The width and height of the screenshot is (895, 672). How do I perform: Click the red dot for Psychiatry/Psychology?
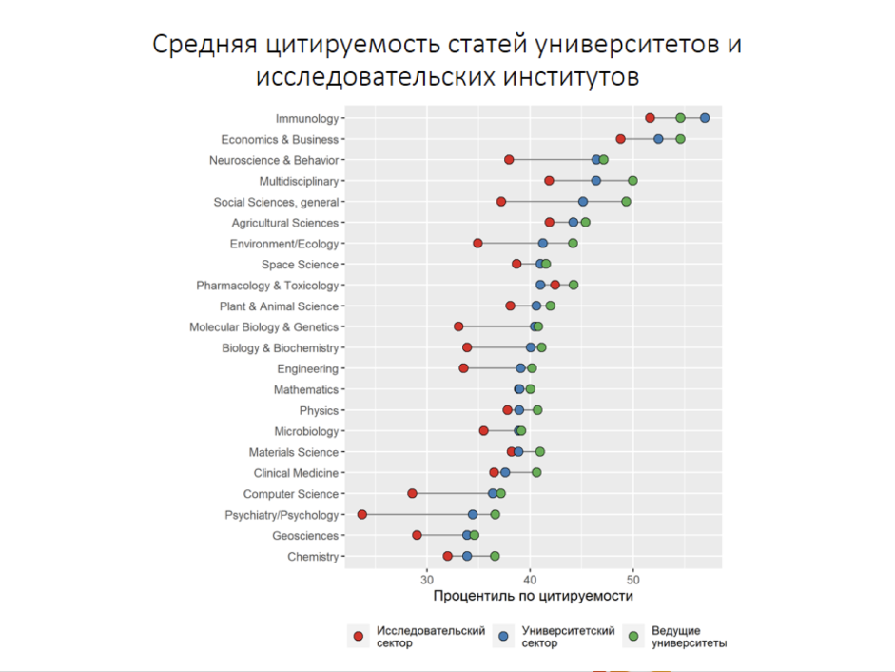362,515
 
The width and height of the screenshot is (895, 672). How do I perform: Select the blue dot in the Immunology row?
705,118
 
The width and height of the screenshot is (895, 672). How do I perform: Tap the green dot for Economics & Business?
680,139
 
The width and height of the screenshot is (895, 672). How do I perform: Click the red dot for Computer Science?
412,494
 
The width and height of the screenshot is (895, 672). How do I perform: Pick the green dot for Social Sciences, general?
626,202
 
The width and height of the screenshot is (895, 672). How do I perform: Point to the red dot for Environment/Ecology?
477,244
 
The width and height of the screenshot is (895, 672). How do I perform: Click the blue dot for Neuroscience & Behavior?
596,160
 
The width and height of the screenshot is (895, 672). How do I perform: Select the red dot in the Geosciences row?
417,536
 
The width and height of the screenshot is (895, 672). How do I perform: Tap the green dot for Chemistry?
495,557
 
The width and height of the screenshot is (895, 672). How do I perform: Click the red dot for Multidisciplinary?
549,181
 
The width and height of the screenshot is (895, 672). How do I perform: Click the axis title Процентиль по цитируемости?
533,596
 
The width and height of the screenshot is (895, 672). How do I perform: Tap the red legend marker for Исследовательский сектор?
359,637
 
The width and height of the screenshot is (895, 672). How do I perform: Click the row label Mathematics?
306,390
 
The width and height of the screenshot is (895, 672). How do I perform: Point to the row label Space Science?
300,265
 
